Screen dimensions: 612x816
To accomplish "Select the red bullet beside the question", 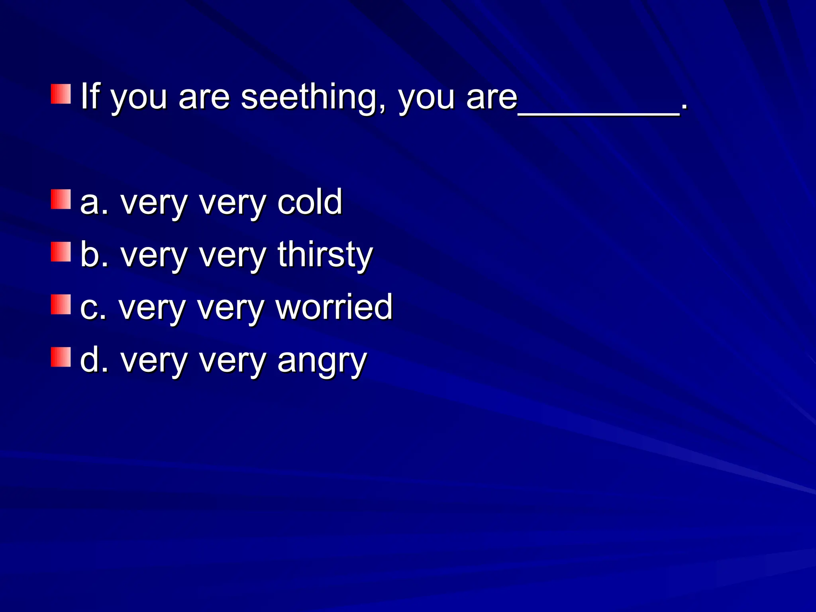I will (61, 94).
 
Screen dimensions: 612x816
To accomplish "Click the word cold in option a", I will (310, 202).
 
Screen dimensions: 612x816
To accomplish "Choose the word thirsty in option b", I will (325, 255).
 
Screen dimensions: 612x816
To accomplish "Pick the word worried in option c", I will (334, 307).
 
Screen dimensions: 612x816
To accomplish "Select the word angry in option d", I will (322, 361).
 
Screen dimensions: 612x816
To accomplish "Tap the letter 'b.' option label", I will (94, 255).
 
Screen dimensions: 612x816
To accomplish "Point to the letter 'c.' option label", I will (93, 308).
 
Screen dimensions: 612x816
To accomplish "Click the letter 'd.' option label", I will (94, 360).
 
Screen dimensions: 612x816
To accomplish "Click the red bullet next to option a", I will (61, 199).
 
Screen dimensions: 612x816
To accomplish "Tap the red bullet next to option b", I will (61, 252).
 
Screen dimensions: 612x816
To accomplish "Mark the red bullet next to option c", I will (61, 304).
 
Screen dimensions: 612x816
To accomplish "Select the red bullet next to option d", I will (61, 357).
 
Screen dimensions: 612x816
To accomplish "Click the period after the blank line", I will (684, 107).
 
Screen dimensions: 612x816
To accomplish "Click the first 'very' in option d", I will (154, 362).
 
